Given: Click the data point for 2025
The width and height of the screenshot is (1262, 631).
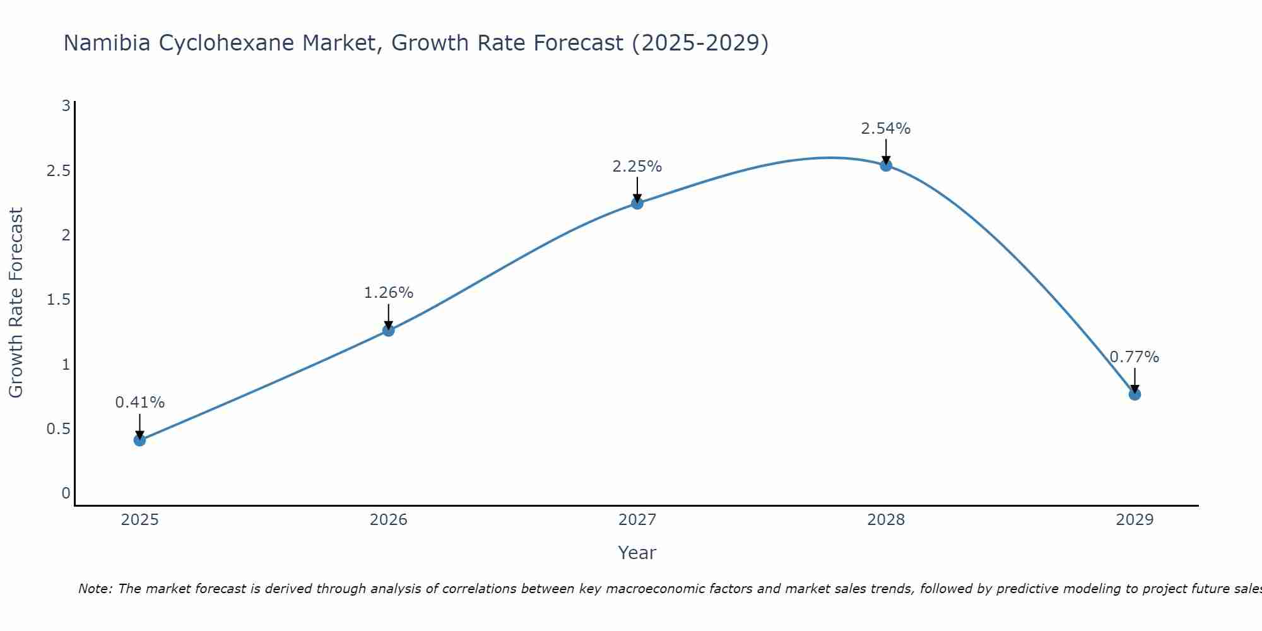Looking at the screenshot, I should (140, 440).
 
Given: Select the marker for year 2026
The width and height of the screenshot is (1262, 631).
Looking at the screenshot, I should (389, 330).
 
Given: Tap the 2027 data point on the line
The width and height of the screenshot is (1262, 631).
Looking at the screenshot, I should (637, 203).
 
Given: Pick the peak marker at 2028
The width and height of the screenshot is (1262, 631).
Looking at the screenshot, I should (886, 165).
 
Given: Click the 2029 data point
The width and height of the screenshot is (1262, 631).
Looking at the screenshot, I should (1135, 394).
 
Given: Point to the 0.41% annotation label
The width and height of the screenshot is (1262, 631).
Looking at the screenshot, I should (140, 403).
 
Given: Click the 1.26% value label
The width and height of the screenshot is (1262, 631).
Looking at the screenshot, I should (389, 293).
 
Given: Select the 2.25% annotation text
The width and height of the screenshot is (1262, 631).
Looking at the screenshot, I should (637, 167).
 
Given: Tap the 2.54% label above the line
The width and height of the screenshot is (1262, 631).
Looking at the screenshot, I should (886, 129).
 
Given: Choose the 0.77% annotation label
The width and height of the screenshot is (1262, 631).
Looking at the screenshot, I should (1135, 357).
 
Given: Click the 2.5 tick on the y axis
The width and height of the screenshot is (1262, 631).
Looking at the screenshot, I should (58, 171).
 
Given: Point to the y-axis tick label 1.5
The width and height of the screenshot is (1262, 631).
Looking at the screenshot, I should (58, 300).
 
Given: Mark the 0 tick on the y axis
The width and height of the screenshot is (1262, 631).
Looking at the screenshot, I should (66, 493).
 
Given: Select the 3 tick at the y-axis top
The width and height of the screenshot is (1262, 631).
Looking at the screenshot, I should (66, 106).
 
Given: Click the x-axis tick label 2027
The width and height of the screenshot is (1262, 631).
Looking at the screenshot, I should (637, 520).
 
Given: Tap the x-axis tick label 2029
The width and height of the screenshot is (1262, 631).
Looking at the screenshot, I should (1135, 520).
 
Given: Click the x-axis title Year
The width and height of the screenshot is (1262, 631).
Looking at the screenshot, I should (637, 553).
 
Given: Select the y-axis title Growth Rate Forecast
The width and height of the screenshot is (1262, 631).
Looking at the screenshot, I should (16, 302).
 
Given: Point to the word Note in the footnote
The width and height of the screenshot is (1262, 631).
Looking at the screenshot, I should (95, 589).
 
